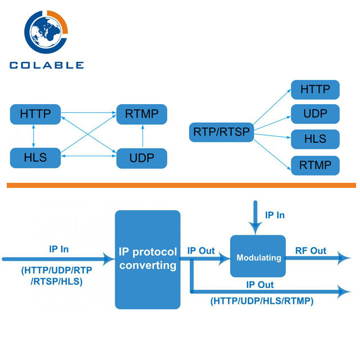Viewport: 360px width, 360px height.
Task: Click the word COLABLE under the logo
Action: pos(46,65)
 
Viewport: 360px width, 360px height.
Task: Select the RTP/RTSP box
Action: pos(220,133)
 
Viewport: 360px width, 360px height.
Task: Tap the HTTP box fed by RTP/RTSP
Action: pos(316,89)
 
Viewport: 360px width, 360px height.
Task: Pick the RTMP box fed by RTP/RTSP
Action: pos(316,165)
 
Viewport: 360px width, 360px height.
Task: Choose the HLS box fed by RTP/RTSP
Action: pos(316,139)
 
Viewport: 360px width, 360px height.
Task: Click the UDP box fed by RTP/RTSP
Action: pos(316,114)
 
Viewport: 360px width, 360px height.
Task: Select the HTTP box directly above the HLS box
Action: pos(35,114)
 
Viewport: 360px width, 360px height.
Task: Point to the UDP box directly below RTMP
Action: pos(142,158)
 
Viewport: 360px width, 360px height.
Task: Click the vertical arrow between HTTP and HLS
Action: pos(34,136)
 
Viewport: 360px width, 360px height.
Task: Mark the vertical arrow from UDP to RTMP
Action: pos(142,136)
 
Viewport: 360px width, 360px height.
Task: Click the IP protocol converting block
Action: pos(148,259)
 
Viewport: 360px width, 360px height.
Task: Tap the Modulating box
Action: pos(258,258)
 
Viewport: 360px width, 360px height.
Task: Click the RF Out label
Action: pos(310,250)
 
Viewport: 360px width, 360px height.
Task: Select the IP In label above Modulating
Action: pos(274,215)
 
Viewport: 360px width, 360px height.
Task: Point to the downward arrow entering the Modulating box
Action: pos(255,219)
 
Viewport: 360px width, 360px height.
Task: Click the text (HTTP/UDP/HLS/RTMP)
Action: pos(262,301)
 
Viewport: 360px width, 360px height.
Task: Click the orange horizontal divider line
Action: pos(180,184)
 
